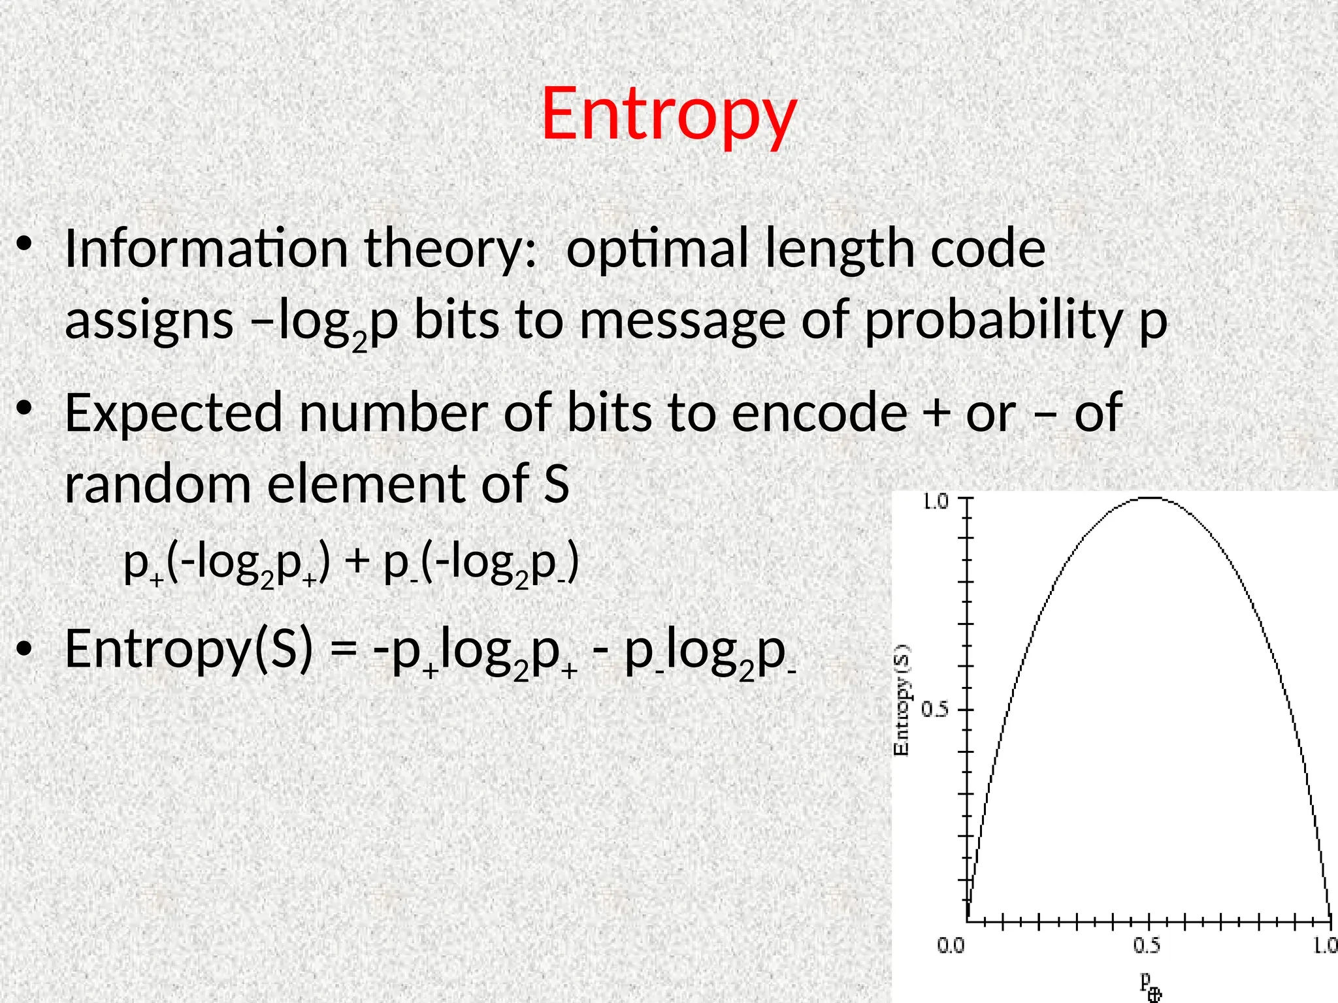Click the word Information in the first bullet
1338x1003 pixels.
(206, 249)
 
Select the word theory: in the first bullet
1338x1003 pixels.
(451, 249)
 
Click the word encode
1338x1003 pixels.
(819, 413)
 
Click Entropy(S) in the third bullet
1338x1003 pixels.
(189, 650)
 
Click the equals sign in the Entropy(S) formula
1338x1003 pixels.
(344, 650)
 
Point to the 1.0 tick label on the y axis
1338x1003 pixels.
(934, 502)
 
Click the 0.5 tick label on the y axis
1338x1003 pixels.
(934, 709)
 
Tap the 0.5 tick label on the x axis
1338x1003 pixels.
(1147, 946)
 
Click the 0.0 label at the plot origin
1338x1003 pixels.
(951, 946)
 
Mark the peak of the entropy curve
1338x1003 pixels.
(1150, 498)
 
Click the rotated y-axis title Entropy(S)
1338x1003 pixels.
(902, 700)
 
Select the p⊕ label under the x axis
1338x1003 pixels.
(1150, 985)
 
